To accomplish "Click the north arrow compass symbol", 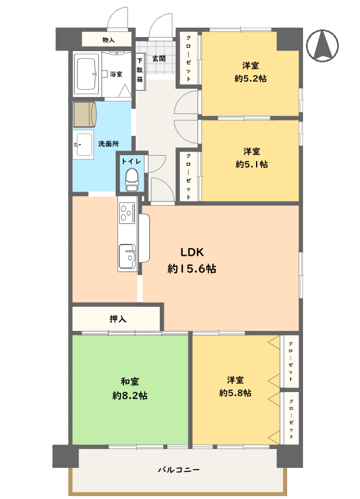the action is coord(322,45).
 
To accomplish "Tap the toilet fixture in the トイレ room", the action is coord(132,180).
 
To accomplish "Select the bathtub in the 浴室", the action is coord(86,74).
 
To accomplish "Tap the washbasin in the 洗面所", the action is coord(83,145).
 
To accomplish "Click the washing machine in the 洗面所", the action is coord(85,114).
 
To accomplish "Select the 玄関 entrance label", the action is coord(159,59).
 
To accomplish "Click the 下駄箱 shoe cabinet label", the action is coord(140,70).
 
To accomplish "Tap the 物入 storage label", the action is coord(109,40).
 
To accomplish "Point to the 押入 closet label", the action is coord(117,319).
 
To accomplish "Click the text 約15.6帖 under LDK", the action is coord(192,269).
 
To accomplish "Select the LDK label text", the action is coord(192,252).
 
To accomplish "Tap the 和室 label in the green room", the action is coord(130,381).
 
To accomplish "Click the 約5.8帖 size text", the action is coord(235,393).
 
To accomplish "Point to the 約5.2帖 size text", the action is coord(251,78).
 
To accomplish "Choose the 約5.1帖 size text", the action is coord(251,164).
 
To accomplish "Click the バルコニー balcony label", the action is coord(179,470).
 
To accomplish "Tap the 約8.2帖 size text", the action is coord(130,396).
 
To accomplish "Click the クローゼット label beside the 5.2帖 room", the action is coord(189,58).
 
